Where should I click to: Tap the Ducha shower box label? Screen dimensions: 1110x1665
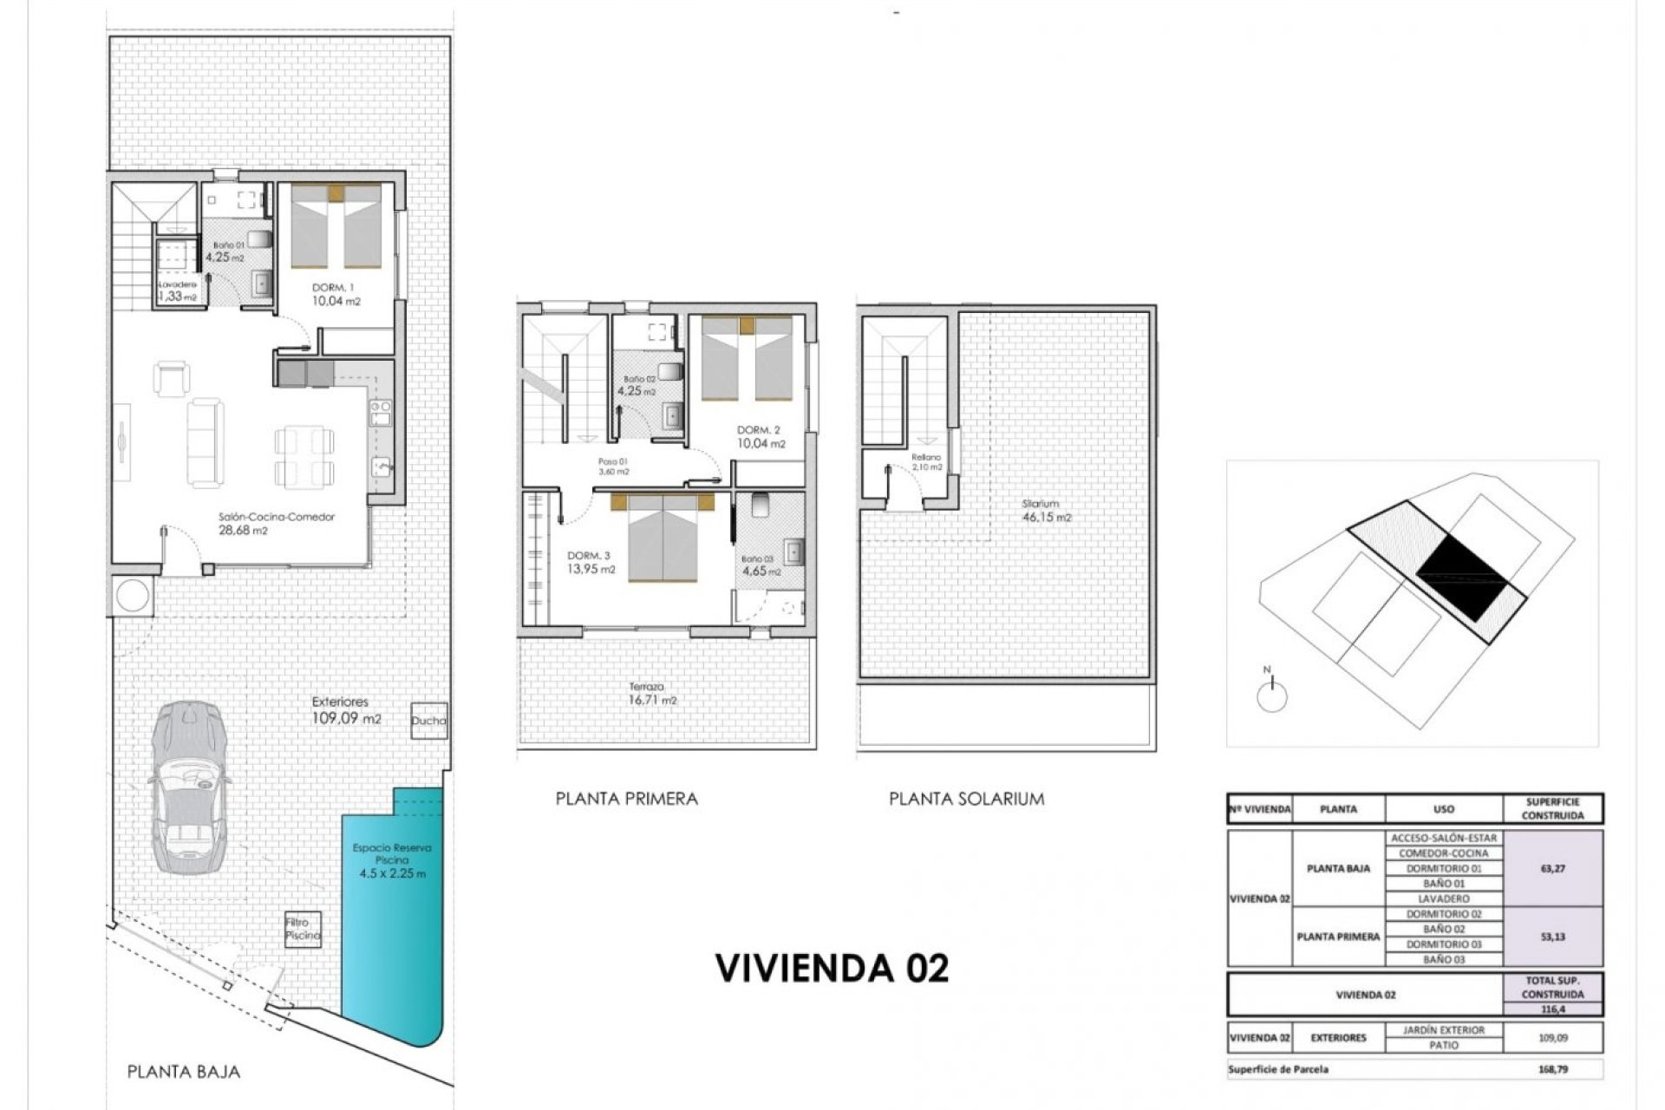click(x=428, y=721)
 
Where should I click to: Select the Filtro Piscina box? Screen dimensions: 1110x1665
click(x=303, y=930)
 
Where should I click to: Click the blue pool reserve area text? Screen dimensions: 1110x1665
click(x=392, y=860)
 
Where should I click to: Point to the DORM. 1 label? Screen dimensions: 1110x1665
click(x=333, y=287)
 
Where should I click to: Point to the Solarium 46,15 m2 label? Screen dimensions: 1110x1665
click(x=1045, y=511)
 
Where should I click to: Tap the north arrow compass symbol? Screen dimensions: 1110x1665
click(x=1271, y=694)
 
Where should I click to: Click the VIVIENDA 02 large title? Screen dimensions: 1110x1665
click(x=832, y=968)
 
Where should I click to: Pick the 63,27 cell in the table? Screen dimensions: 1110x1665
click(x=1551, y=868)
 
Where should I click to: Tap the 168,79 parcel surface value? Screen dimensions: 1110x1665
click(x=1551, y=1069)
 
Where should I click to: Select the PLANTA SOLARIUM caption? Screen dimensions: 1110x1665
click(x=966, y=799)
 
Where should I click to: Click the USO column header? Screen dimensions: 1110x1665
click(x=1443, y=809)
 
